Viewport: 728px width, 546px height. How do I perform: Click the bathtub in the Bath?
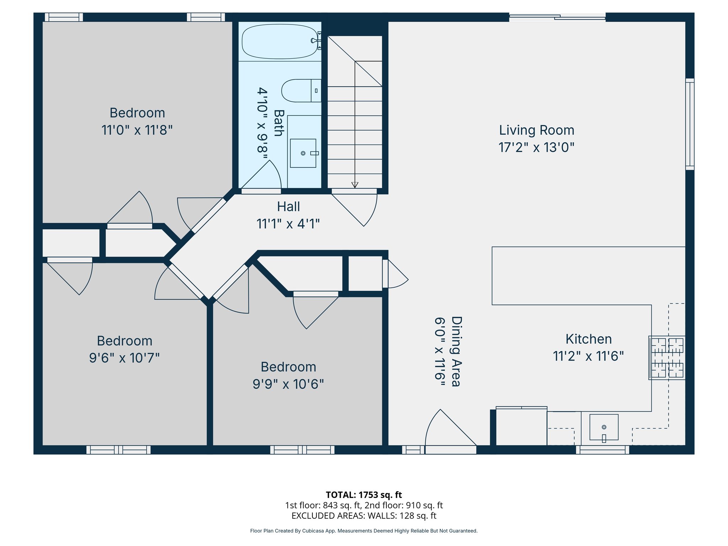280,42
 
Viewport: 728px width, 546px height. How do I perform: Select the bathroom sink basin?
303,153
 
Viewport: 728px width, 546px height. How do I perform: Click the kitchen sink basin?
604,427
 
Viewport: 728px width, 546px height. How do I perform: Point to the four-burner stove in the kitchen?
667,358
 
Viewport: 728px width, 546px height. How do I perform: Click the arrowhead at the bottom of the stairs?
355,185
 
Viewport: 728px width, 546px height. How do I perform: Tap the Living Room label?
536,130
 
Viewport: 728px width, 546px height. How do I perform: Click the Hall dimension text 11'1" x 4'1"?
288,224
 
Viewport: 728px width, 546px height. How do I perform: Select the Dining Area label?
456,351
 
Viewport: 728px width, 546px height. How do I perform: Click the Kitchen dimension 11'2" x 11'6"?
588,356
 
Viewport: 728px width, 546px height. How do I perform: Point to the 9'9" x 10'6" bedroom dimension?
288,384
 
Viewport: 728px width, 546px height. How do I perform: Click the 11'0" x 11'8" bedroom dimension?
137,130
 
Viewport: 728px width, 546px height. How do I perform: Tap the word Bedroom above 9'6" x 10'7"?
124,341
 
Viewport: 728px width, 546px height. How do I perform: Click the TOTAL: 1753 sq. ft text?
364,495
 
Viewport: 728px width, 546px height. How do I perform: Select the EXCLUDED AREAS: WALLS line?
364,515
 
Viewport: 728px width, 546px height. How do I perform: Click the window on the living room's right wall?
690,124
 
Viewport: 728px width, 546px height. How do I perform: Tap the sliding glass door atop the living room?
557,16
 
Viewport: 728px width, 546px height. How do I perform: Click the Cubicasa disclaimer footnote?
364,531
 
